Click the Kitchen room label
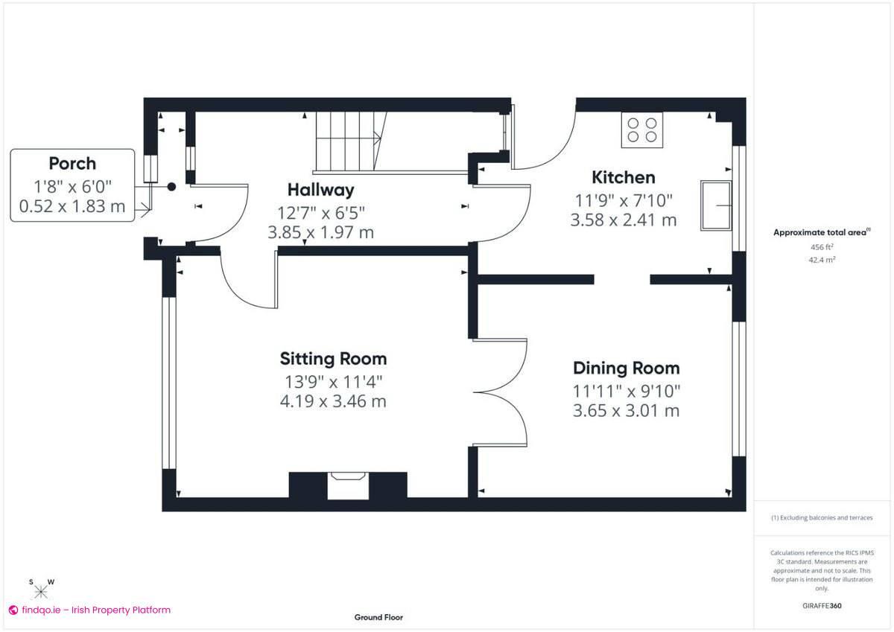pos(623,177)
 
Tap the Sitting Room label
pos(333,359)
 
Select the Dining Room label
pos(626,368)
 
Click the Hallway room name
pos(321,190)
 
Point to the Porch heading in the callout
pos(72,163)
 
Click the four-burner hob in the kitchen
pos(641,130)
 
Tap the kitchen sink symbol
pos(715,205)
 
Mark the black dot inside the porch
pos(171,188)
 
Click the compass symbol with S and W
pos(41,590)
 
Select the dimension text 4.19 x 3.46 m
pos(333,403)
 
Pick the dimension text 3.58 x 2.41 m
pos(623,220)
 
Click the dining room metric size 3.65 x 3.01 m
pos(626,410)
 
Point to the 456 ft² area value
pos(822,246)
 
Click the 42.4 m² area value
pos(822,260)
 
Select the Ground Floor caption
pos(378,617)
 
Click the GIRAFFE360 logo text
pos(822,606)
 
